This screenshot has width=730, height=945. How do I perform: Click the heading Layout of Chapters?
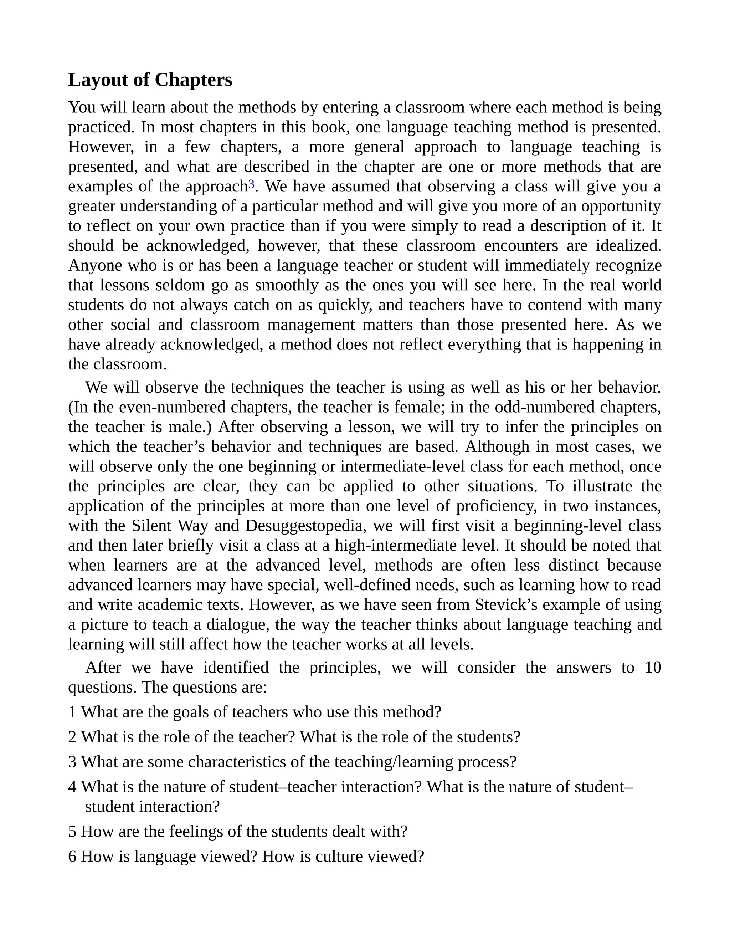coord(150,80)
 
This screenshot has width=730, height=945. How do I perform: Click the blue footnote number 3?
coord(251,185)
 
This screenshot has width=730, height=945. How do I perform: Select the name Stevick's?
coord(506,605)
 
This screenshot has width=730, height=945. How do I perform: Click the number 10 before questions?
coord(653,668)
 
